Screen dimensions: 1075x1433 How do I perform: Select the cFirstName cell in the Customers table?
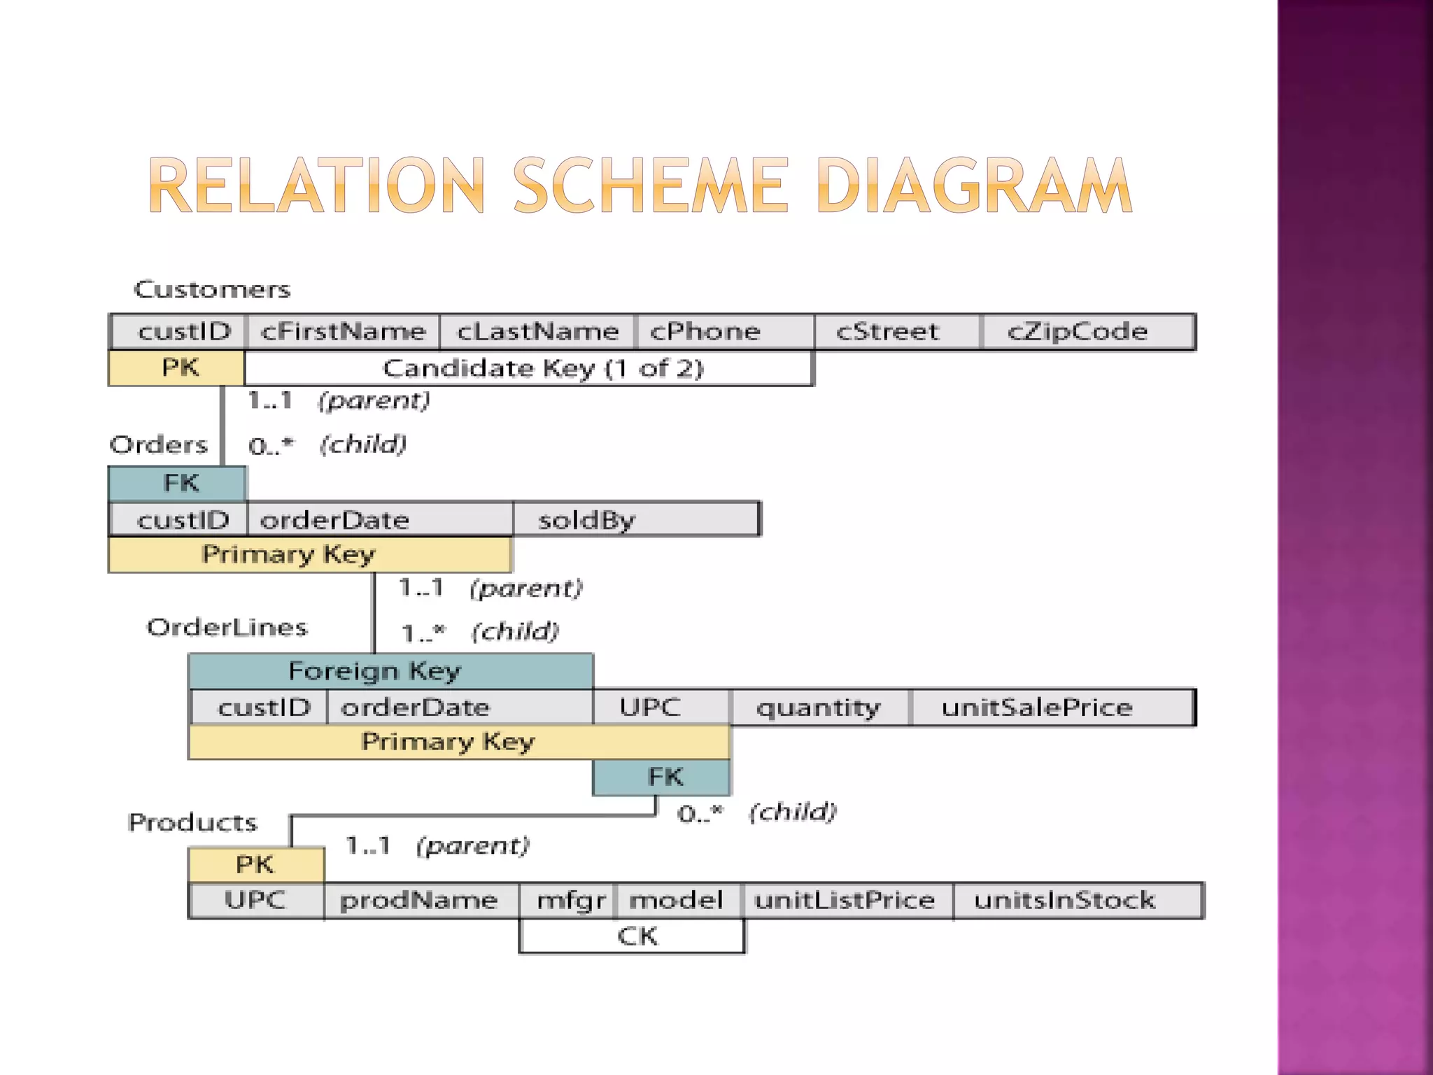(343, 332)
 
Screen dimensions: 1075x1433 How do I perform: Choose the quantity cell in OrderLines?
(819, 708)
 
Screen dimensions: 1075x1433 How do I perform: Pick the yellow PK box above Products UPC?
(256, 864)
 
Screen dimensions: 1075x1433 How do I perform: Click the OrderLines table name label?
(227, 627)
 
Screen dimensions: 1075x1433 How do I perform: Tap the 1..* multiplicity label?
(423, 633)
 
